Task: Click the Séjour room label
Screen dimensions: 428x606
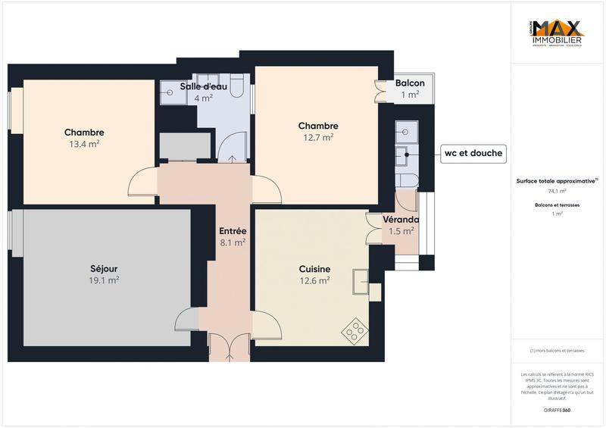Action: pyautogui.click(x=103, y=268)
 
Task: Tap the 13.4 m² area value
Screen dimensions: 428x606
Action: pyautogui.click(x=83, y=144)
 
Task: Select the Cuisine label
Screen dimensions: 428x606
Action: pyautogui.click(x=314, y=268)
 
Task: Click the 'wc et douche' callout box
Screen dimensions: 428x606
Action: pyautogui.click(x=473, y=153)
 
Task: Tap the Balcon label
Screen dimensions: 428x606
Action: pyautogui.click(x=410, y=83)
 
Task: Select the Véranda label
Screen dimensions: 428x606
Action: pyautogui.click(x=401, y=220)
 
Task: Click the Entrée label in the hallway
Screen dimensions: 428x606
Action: pyautogui.click(x=232, y=231)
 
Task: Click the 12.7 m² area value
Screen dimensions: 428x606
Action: pyautogui.click(x=317, y=138)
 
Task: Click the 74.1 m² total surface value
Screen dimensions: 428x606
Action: pyautogui.click(x=557, y=192)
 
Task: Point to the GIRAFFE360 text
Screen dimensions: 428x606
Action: pyautogui.click(x=557, y=409)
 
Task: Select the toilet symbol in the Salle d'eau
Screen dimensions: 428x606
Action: pyautogui.click(x=236, y=89)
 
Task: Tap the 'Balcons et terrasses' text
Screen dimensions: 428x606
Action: pyautogui.click(x=557, y=205)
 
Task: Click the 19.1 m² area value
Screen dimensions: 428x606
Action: pyautogui.click(x=103, y=280)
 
